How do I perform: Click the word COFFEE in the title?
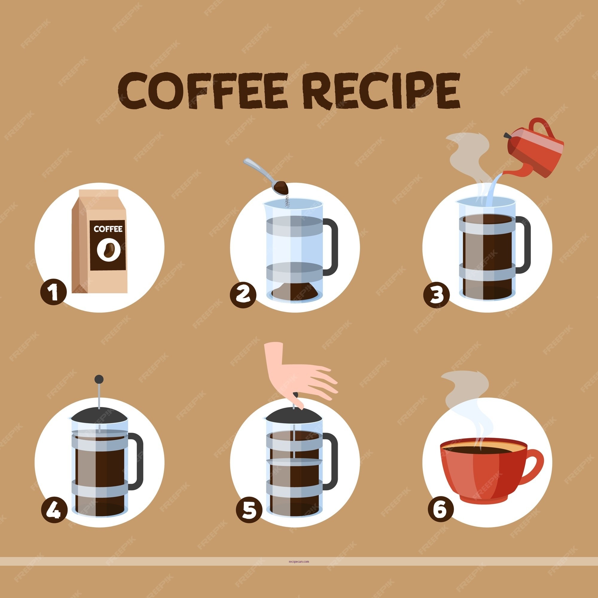tap(203, 91)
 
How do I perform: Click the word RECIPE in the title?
tap(381, 91)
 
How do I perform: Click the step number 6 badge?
tap(441, 509)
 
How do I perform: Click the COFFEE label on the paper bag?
tap(108, 229)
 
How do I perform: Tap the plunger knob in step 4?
tap(99, 379)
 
